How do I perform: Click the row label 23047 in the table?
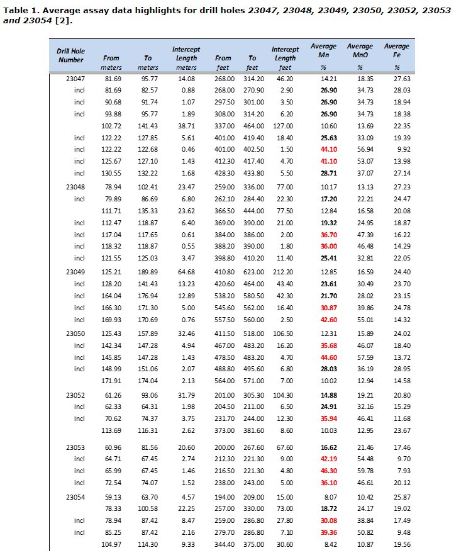(x=75, y=79)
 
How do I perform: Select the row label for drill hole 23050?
(x=75, y=333)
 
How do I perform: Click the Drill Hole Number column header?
(x=70, y=55)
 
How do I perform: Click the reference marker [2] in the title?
(x=62, y=21)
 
